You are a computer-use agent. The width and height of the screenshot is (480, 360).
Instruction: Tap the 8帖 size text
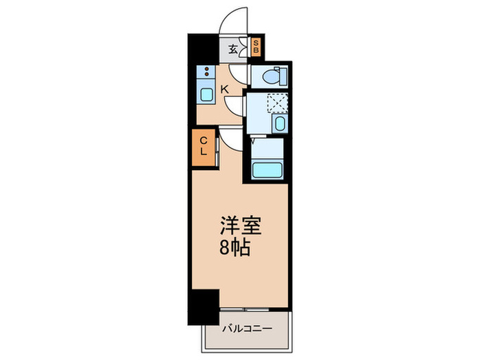tap(235, 247)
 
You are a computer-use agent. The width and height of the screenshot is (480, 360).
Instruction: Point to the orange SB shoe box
tap(255, 47)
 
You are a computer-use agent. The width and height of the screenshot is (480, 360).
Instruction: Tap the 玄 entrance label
tap(233, 48)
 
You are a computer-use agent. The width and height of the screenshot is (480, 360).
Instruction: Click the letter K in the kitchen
tap(224, 88)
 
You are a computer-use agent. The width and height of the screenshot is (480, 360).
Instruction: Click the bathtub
tap(267, 169)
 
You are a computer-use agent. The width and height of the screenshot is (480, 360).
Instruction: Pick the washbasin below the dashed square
tap(279, 124)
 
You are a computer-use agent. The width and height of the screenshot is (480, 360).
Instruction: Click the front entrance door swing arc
tap(233, 21)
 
